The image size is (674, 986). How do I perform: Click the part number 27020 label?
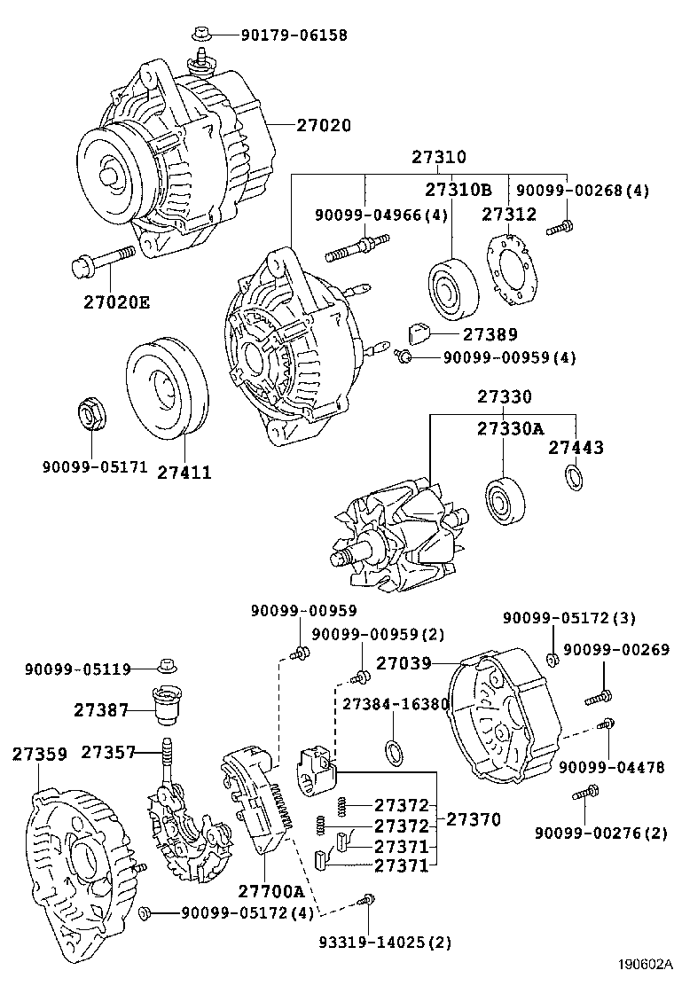323,126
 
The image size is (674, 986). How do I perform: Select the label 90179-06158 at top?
294,35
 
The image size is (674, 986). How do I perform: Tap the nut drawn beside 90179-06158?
200,35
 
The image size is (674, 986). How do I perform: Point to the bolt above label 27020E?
100,262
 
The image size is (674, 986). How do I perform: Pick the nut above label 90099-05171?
89,414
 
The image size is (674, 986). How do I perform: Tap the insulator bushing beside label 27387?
165,707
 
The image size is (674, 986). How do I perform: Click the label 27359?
39,754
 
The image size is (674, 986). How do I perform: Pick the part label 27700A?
270,891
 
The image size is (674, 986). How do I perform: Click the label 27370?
473,820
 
